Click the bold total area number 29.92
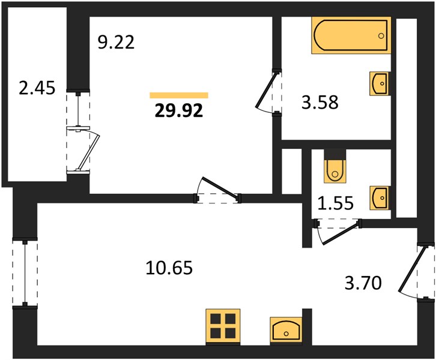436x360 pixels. coord(179,112)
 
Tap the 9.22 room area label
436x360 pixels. coord(116,43)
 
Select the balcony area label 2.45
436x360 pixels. coord(37,88)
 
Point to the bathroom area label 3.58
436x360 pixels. coord(319,102)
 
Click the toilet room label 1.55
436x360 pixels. coord(335,203)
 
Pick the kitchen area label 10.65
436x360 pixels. coord(169,268)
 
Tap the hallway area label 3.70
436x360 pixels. coord(363,283)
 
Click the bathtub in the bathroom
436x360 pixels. coord(351,35)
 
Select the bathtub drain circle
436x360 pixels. coord(381,35)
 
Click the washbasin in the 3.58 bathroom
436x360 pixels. coord(379,83)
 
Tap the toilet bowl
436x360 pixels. coord(335,170)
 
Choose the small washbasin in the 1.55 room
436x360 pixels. coord(379,198)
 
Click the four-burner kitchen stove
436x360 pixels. coord(223,326)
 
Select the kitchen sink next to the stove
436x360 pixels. coord(286,330)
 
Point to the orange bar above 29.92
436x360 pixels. coord(179,95)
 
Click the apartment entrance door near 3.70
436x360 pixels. coord(413,270)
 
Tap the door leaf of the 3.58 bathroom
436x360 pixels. coord(267,90)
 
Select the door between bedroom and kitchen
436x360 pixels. coord(220,187)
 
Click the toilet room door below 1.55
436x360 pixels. coord(340,234)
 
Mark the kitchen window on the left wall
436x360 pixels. coord(25,273)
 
